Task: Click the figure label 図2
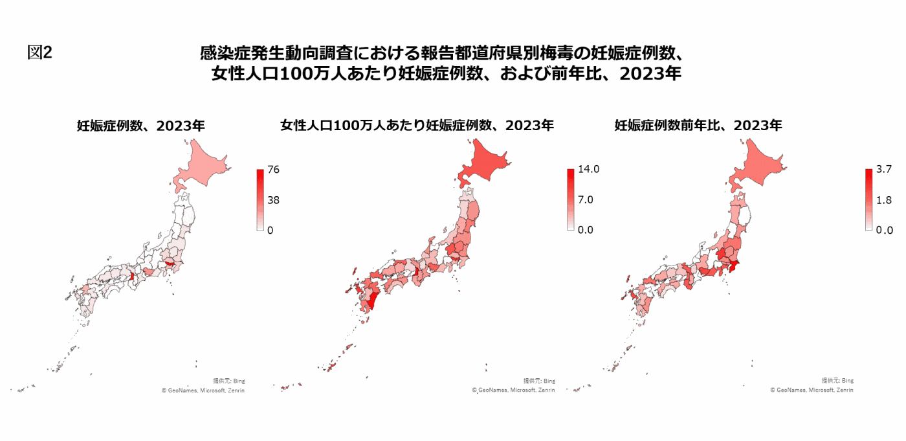click(x=39, y=52)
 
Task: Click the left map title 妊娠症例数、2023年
click(x=140, y=126)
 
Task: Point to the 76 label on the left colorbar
click(x=273, y=170)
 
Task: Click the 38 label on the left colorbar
click(x=273, y=199)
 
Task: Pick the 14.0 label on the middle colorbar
click(x=589, y=170)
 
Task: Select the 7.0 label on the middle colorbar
click(x=586, y=199)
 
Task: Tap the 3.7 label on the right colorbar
click(x=884, y=170)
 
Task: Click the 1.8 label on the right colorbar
click(x=884, y=200)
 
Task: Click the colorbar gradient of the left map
click(x=260, y=199)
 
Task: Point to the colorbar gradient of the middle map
click(x=571, y=199)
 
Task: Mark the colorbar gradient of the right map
click(x=868, y=199)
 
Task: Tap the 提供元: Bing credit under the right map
click(x=837, y=381)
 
